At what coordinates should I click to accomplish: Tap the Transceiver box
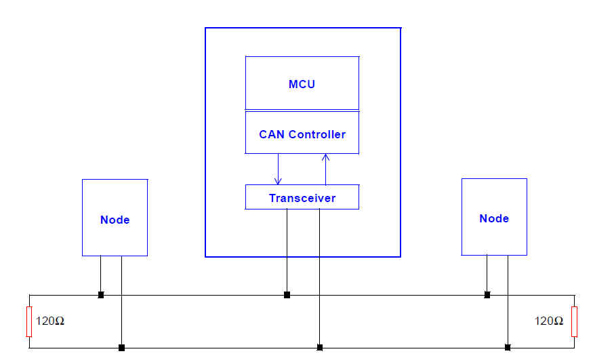point(302,197)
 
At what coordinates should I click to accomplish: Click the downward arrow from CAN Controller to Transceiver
point(278,169)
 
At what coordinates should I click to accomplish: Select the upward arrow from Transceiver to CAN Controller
point(325,169)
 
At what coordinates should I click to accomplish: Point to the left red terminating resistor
point(29,321)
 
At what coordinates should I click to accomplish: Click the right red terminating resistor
point(574,321)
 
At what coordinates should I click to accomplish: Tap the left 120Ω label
point(50,321)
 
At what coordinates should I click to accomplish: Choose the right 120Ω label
point(549,321)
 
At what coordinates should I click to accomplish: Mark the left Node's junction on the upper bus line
point(101,295)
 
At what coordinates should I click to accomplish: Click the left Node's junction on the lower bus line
point(121,348)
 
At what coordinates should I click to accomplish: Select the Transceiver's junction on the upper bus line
point(287,295)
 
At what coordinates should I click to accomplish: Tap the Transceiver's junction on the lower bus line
point(320,348)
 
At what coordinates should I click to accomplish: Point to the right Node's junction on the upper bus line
point(487,295)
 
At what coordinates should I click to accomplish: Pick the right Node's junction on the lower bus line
point(508,348)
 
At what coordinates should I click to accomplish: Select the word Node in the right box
point(494,218)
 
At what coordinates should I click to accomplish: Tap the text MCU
point(302,85)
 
